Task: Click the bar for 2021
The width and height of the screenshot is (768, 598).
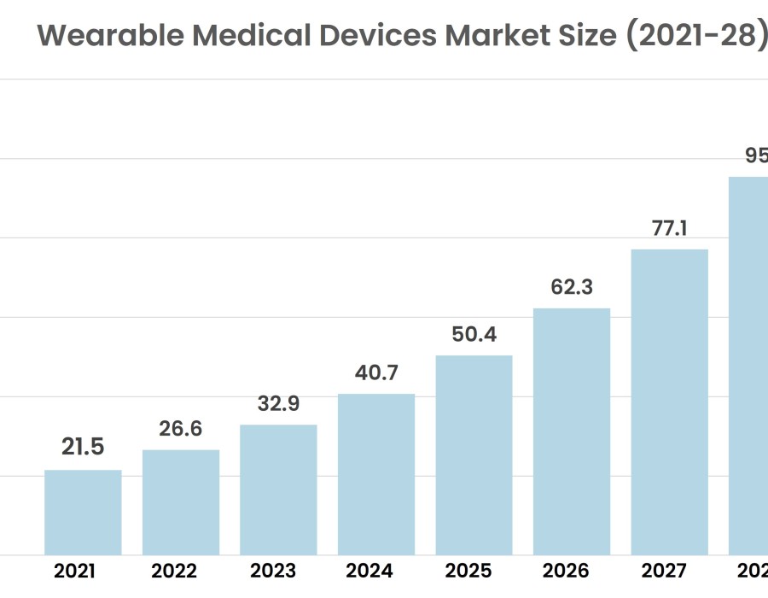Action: (x=83, y=513)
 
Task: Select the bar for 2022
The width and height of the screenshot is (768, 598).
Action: (x=181, y=502)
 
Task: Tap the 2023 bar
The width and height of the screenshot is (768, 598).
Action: (x=278, y=490)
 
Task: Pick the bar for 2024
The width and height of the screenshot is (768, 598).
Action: (x=376, y=474)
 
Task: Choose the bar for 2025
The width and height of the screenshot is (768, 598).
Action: (x=474, y=455)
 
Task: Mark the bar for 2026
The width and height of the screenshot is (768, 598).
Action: (x=572, y=431)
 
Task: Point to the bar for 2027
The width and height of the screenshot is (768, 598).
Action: (x=669, y=402)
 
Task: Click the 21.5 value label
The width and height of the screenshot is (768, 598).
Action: (x=83, y=447)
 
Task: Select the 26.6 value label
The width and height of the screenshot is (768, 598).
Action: (x=181, y=428)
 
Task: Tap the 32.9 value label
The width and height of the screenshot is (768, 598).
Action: (x=278, y=403)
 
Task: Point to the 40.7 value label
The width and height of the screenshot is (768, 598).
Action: (x=376, y=372)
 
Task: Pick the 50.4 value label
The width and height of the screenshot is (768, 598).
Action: (x=474, y=334)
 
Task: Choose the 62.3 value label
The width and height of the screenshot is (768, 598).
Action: (x=572, y=287)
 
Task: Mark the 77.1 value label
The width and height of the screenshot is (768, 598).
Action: (x=669, y=228)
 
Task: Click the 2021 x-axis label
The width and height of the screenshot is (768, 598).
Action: (x=74, y=572)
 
